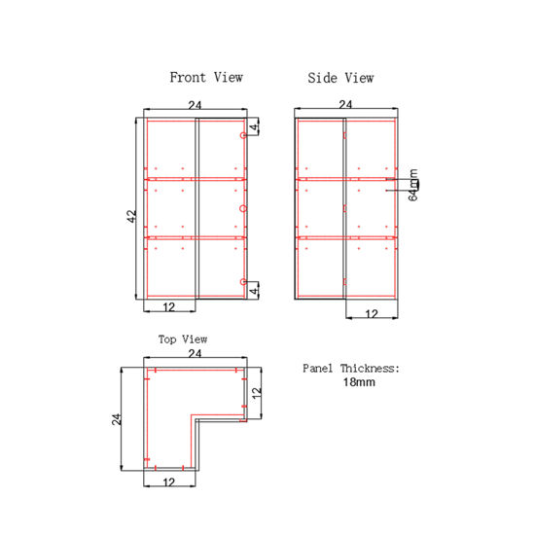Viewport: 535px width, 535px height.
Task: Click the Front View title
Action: (206, 77)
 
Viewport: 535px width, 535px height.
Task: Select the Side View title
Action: (340, 78)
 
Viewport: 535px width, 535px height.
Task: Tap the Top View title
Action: (183, 339)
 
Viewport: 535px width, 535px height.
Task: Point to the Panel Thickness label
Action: (351, 369)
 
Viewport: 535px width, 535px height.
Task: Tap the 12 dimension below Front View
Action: (169, 306)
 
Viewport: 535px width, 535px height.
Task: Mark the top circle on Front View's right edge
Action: (243, 136)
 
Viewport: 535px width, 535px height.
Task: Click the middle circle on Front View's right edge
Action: (243, 208)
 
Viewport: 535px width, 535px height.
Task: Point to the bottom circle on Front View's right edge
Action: (243, 282)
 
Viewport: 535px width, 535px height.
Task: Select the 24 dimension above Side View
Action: (345, 103)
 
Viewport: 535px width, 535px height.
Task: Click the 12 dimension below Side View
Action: (372, 313)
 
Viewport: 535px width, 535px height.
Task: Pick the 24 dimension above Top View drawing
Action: (195, 355)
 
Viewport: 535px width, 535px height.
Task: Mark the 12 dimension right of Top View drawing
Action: (257, 394)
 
